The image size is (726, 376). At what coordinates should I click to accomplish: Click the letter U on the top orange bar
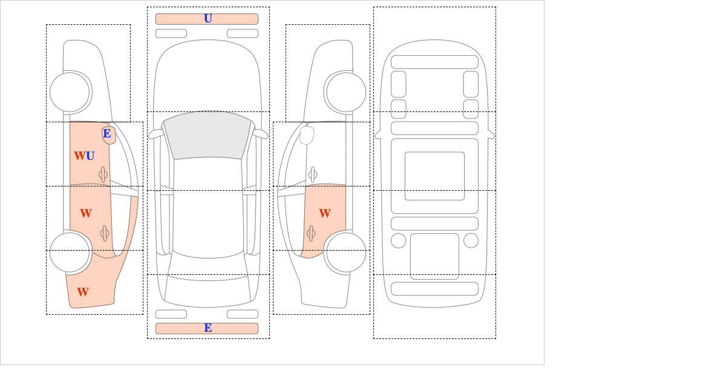tap(208, 19)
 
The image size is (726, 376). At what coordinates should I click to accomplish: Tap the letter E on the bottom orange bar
tap(208, 328)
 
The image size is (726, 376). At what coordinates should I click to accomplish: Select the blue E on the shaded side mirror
tap(107, 133)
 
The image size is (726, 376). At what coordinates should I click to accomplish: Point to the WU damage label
tap(84, 156)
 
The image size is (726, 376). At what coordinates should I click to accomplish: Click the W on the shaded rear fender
tap(83, 292)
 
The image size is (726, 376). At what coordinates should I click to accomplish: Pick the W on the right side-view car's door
tap(325, 213)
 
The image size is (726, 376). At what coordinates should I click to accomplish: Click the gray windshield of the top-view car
tap(208, 134)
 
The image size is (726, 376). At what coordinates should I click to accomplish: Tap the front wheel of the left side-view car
tap(70, 93)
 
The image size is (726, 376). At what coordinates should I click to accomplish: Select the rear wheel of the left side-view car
tap(70, 252)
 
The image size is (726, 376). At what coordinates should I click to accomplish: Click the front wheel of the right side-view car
tap(346, 93)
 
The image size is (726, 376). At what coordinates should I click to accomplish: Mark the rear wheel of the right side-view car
tap(346, 252)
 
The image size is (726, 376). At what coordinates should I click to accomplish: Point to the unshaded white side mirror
tap(307, 135)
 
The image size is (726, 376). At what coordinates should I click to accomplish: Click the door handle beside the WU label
tap(103, 175)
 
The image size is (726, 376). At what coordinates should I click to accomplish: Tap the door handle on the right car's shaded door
tap(311, 233)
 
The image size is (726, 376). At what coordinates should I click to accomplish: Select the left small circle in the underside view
tap(398, 241)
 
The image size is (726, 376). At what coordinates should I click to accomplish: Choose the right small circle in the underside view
tap(471, 241)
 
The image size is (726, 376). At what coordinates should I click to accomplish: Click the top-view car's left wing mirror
tap(155, 134)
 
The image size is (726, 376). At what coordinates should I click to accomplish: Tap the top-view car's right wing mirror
tap(260, 134)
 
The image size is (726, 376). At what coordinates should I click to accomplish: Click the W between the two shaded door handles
tap(86, 213)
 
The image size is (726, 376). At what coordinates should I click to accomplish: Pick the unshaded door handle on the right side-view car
tap(313, 175)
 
